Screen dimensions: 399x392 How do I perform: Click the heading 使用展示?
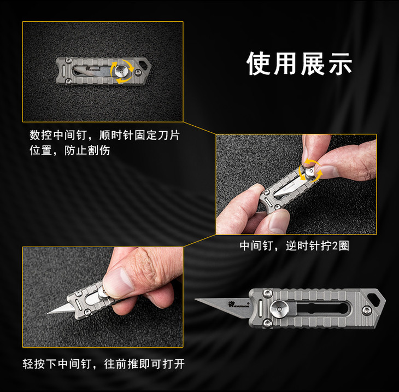(x=299, y=63)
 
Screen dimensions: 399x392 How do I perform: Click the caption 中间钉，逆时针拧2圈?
(x=295, y=246)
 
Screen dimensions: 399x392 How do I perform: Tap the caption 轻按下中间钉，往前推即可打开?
(x=103, y=364)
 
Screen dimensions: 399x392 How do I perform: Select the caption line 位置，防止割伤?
(x=70, y=150)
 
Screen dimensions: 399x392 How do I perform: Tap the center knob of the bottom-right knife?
(x=279, y=309)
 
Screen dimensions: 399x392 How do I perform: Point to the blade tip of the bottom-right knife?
(x=196, y=300)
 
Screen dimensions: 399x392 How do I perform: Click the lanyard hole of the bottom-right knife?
(x=373, y=298)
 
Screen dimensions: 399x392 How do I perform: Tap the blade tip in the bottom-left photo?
(x=48, y=313)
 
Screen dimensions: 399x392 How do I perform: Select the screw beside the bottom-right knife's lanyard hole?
(x=367, y=310)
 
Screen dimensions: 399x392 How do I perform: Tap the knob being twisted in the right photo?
(x=309, y=172)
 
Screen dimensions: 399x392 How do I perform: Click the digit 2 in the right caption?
(x=335, y=246)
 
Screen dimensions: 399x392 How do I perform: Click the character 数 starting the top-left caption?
(x=35, y=135)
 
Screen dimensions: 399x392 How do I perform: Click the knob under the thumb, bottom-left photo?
(x=102, y=292)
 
